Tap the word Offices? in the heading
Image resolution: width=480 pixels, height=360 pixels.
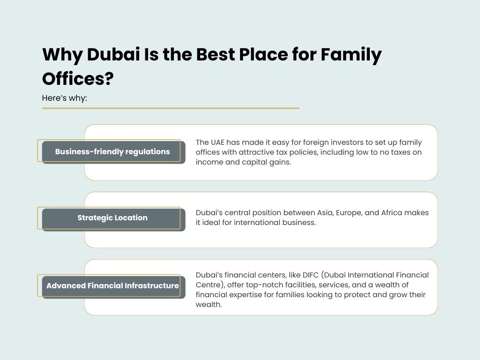[x=78, y=78]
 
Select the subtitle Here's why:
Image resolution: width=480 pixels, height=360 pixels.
[x=65, y=98]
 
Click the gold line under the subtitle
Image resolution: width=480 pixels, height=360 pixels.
[x=171, y=108]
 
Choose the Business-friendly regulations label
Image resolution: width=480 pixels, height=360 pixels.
[x=112, y=152]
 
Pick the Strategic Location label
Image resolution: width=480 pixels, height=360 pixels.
[x=112, y=218]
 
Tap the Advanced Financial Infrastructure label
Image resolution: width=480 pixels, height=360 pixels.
[x=112, y=285]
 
